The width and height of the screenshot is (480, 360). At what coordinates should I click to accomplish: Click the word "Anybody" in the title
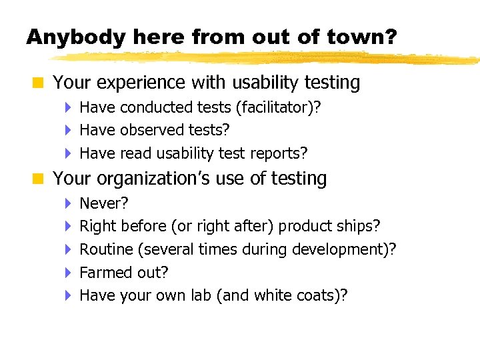coord(75,37)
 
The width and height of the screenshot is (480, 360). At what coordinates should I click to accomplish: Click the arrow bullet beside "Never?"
coord(69,203)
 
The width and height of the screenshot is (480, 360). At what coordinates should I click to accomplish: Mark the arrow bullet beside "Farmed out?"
coord(69,273)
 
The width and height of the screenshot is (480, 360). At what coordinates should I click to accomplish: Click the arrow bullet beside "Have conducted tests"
coord(69,107)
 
